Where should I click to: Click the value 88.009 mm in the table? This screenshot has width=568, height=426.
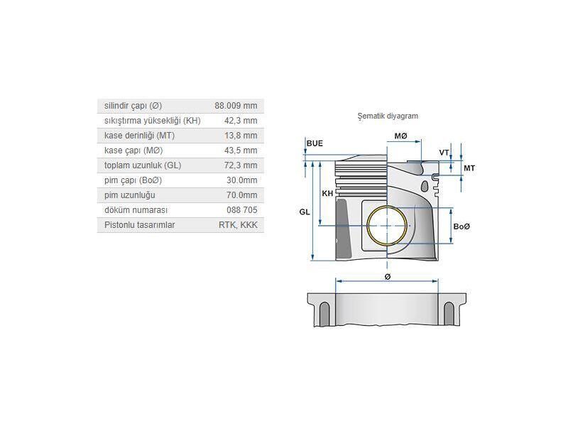coord(236,106)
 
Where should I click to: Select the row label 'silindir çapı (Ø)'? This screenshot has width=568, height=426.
coord(133,106)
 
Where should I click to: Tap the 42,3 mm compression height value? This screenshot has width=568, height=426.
coord(241,121)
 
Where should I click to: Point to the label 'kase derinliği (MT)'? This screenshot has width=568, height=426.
coord(139,136)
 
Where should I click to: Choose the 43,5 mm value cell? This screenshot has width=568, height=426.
coord(241,151)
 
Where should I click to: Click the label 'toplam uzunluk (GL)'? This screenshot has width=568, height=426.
coord(143,165)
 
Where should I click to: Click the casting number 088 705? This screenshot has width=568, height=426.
coord(242,210)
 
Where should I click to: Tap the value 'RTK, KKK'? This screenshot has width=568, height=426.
coord(239,225)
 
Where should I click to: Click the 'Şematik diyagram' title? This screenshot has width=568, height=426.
coord(388,116)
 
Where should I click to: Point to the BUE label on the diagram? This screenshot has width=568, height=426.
coord(315,143)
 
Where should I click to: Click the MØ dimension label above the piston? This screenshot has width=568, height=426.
coord(401,136)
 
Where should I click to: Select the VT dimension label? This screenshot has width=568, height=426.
coord(444,153)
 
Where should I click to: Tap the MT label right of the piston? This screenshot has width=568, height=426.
coord(469,168)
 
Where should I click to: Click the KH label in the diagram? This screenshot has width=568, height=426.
coord(327,193)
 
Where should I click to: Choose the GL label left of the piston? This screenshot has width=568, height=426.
coord(304,212)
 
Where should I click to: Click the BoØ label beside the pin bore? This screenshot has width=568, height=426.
coord(461,226)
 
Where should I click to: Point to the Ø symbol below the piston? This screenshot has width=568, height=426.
coord(388,276)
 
